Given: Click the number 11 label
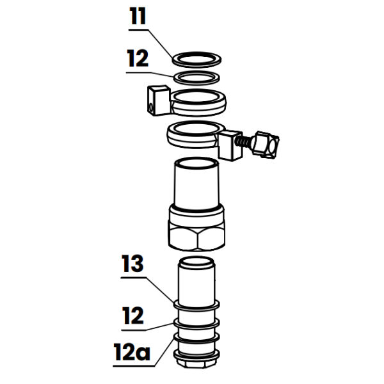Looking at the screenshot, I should pos(137,19).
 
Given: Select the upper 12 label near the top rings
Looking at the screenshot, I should pos(137,60).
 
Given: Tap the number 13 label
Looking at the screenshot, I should pos(133,263).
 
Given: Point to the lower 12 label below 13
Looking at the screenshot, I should pos(132,315).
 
